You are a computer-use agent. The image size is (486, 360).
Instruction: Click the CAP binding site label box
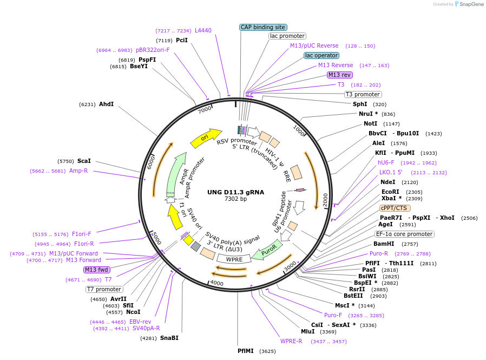(x=263, y=27)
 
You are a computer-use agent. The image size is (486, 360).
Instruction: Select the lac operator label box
(x=321, y=55)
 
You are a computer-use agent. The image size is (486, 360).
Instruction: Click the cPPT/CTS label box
(x=395, y=208)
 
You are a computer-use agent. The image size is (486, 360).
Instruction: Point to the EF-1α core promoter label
(x=405, y=234)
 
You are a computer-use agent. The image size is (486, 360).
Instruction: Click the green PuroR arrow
(x=267, y=252)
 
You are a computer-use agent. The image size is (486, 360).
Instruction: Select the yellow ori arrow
(x=206, y=138)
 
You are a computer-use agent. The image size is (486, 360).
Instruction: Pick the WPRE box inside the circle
(x=234, y=259)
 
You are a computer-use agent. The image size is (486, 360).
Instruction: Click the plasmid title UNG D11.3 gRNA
(x=235, y=192)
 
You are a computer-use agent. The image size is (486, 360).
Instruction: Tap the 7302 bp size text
(x=235, y=199)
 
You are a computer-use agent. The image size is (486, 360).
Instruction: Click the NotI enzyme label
(x=371, y=123)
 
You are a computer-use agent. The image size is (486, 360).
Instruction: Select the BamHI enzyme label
(x=383, y=244)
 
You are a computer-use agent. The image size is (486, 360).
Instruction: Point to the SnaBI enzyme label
(x=169, y=338)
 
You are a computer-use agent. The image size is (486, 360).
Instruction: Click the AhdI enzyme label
(x=106, y=104)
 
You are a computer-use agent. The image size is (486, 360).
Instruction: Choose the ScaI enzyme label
(x=84, y=161)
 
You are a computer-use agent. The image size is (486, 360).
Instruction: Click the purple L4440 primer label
(x=203, y=31)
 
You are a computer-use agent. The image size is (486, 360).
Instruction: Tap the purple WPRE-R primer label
(x=291, y=341)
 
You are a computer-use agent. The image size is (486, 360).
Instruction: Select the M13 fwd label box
(x=97, y=270)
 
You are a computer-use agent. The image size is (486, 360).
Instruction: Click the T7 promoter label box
(x=104, y=289)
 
